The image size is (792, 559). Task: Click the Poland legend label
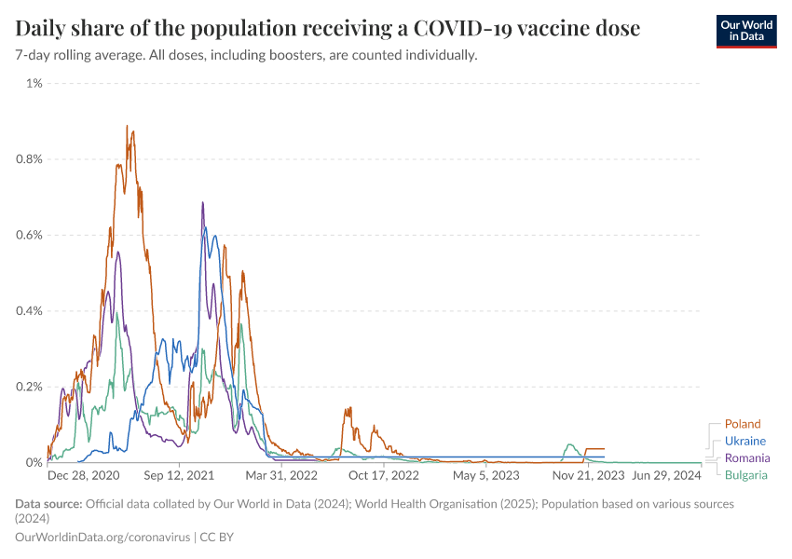[743, 424]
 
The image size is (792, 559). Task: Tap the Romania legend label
[747, 457]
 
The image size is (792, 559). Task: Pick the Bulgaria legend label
[746, 475]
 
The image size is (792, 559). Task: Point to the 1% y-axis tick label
[34, 84]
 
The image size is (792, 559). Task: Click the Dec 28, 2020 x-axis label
[83, 475]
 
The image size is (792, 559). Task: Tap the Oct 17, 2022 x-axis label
[385, 475]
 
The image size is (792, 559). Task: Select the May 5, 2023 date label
[486, 475]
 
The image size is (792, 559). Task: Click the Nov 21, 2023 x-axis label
[588, 475]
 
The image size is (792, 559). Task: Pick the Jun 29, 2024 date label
[666, 475]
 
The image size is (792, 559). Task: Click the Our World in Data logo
[747, 30]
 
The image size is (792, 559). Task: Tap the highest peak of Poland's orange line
[127, 126]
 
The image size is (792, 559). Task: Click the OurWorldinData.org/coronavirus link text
[102, 538]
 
